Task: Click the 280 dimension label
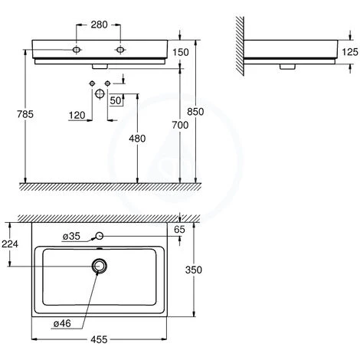click(99, 25)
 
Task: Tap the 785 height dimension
click(25, 114)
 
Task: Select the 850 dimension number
click(195, 112)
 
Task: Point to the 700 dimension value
click(180, 125)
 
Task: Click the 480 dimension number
click(137, 139)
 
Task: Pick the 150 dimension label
click(181, 52)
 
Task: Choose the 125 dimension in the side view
click(350, 52)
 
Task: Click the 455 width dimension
click(99, 339)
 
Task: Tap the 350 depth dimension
click(194, 270)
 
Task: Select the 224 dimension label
click(10, 244)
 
